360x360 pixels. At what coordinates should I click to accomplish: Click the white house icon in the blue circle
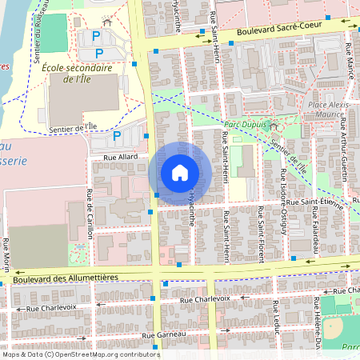click(180, 173)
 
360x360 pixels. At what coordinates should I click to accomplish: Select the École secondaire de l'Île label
click(77, 74)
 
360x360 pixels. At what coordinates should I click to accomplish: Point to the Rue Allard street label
click(110, 158)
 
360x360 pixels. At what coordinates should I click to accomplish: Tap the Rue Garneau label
click(159, 335)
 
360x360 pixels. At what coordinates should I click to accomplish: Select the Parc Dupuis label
click(243, 124)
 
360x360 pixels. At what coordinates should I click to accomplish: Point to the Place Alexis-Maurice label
click(328, 110)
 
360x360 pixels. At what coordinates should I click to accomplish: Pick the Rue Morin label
click(6, 256)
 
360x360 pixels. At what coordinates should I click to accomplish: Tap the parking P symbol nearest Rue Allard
click(117, 137)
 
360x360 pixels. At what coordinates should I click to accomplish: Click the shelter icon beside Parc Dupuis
click(273, 125)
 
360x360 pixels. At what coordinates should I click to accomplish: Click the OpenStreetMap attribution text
click(80, 354)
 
